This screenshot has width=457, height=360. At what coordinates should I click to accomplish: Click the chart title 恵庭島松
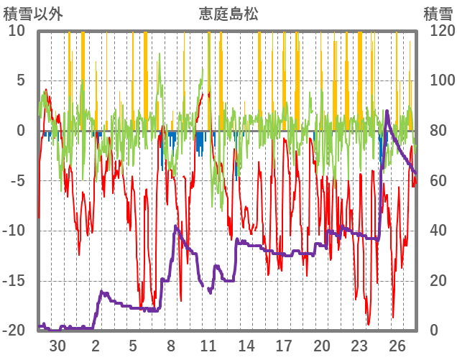(228, 14)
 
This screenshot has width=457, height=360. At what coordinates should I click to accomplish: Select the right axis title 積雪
(437, 14)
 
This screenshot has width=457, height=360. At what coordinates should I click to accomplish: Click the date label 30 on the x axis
(57, 346)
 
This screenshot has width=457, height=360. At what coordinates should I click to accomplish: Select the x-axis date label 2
(96, 346)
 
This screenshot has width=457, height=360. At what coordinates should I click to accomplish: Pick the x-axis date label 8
(171, 346)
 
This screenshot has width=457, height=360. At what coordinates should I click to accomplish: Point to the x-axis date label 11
(208, 346)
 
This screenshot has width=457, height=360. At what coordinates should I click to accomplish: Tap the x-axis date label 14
(246, 346)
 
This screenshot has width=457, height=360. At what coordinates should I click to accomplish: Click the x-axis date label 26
(397, 346)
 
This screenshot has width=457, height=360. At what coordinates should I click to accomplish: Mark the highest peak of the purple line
(387, 111)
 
